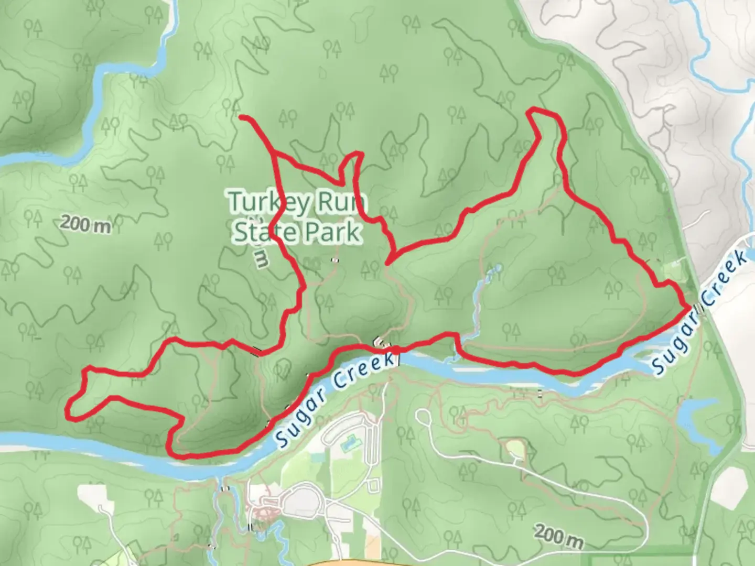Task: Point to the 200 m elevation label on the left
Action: coord(85,224)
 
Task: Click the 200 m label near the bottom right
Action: coord(559,536)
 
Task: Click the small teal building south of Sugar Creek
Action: coord(347,446)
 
